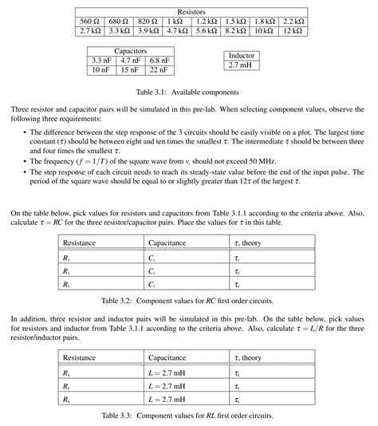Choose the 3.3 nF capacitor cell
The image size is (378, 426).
(x=101, y=61)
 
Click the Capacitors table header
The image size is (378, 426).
(x=130, y=50)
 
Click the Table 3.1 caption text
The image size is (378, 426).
(x=189, y=93)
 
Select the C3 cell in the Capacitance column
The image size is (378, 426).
(x=152, y=285)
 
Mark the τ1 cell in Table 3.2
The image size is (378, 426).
(x=237, y=258)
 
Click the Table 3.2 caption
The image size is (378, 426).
(x=189, y=302)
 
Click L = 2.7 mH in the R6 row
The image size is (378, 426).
(x=171, y=400)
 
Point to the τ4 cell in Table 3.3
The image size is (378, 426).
(x=237, y=373)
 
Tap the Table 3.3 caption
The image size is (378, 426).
(x=189, y=416)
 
